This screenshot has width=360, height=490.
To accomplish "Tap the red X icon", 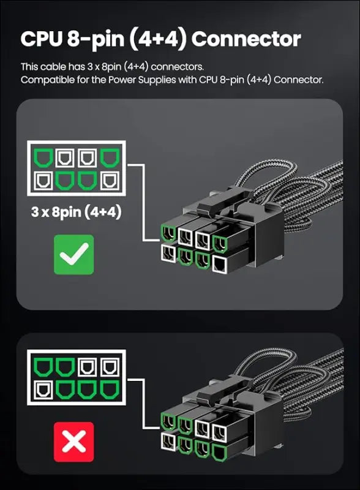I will click(x=73, y=442).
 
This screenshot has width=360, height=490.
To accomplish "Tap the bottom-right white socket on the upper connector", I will click(x=220, y=265).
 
